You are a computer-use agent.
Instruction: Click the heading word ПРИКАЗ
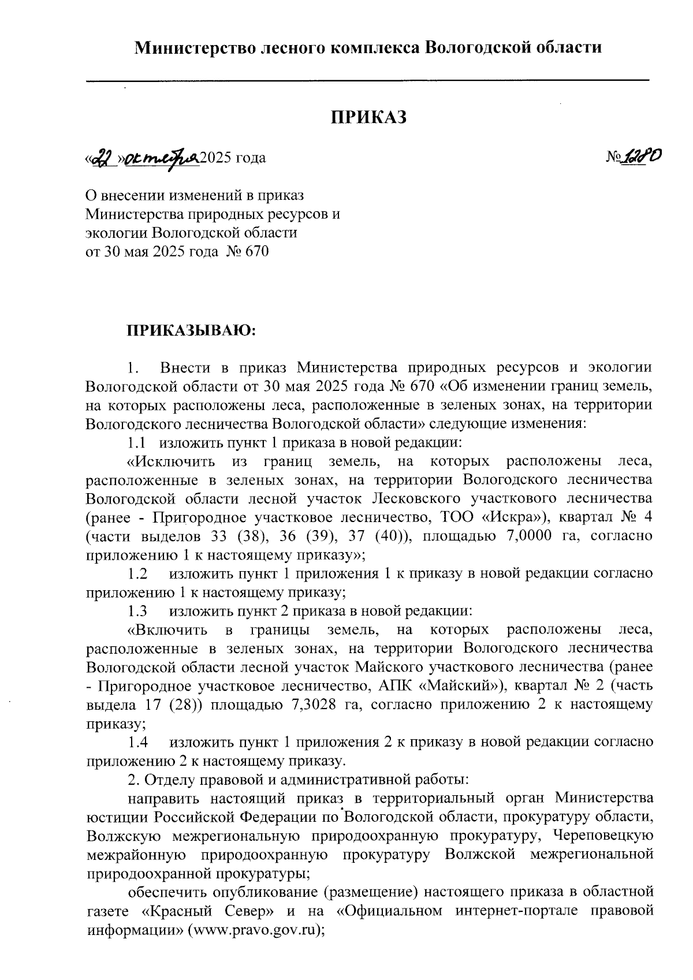pyautogui.click(x=368, y=117)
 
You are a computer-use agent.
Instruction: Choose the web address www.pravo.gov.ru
pyautogui.click(x=252, y=931)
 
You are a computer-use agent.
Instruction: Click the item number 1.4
pyautogui.click(x=137, y=741)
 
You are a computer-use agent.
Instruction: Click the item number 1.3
pyautogui.click(x=137, y=610)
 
